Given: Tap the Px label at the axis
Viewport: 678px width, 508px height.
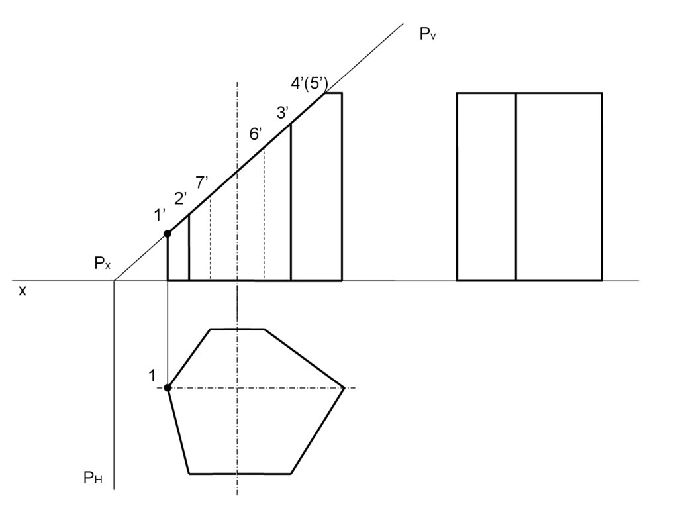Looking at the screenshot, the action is (102, 264).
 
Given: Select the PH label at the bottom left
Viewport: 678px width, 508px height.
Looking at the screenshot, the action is (93, 477).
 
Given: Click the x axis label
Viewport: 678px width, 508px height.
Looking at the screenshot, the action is (23, 291).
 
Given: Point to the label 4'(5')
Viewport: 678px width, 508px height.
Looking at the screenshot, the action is (310, 83).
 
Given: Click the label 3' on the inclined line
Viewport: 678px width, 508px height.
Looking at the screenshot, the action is (283, 113).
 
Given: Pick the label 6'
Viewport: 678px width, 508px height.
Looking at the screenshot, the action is (256, 134).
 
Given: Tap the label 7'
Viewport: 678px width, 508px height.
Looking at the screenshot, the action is (202, 183).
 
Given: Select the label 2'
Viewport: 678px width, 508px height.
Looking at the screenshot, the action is (181, 198).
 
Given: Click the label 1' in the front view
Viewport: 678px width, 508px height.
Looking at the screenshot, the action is (160, 215).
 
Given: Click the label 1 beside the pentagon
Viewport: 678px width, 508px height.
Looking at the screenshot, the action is (152, 376).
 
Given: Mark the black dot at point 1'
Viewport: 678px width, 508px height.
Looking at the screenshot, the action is (168, 234).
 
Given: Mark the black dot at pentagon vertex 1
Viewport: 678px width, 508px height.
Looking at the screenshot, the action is (168, 388).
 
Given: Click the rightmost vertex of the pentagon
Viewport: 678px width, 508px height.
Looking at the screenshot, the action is (344, 388).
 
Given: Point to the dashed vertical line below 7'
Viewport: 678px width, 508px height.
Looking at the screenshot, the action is (211, 238).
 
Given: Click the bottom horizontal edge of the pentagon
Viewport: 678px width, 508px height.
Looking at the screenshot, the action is (240, 474).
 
